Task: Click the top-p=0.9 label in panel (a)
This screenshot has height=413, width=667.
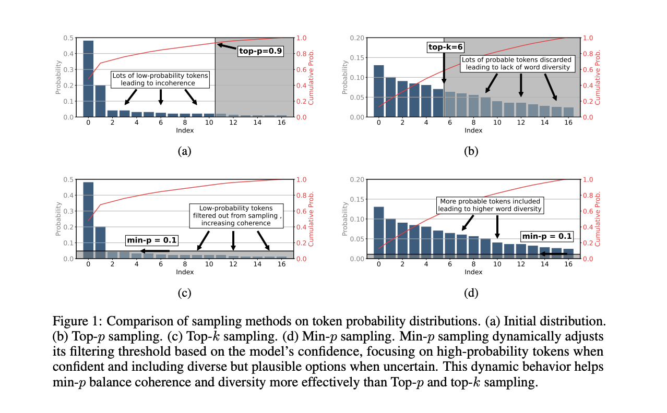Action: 260,51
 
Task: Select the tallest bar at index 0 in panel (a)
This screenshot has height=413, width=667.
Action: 88,78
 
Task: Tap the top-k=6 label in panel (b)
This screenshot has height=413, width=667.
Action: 444,47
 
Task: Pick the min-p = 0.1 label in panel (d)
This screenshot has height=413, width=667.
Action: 547,236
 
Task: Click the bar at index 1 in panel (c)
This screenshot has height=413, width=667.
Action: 100,242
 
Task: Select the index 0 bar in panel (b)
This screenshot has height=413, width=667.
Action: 379,91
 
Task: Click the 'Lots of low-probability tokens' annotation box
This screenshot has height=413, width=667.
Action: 160,79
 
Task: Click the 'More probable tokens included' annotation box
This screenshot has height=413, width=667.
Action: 490,205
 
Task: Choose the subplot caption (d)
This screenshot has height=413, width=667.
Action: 471,293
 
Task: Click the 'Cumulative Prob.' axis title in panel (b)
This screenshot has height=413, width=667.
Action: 598,77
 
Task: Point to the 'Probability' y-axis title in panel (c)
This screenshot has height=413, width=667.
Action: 58,219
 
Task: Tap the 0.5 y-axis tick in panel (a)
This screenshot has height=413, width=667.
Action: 68,38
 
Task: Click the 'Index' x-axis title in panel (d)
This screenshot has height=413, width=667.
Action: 473,272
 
